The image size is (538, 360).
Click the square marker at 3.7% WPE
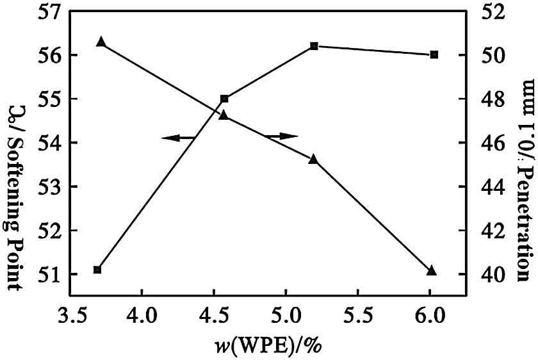(x=97, y=270)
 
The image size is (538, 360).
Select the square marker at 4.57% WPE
(x=224, y=99)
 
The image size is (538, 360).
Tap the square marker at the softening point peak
(x=314, y=46)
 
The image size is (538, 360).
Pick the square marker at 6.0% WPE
(x=434, y=55)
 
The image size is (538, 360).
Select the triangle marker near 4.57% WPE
(x=224, y=115)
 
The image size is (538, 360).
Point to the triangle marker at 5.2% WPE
(x=313, y=159)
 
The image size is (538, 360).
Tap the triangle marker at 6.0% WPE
(x=431, y=271)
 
